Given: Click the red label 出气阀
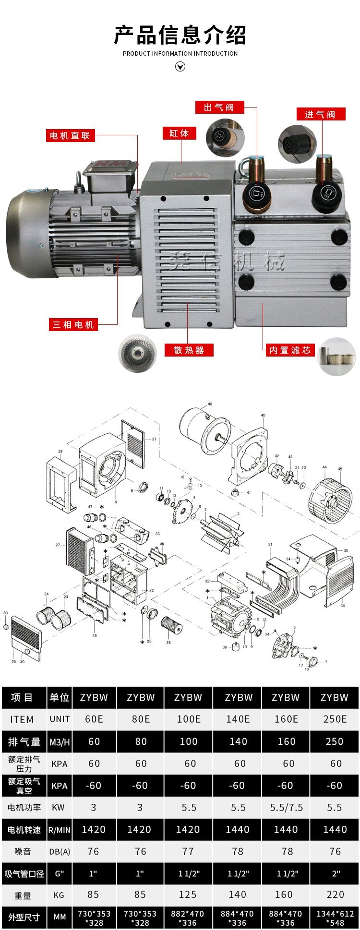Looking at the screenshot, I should (219, 107).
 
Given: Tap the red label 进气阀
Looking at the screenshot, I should (320, 114).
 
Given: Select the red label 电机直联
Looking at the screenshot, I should (71, 136).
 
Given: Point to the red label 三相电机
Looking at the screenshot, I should (73, 325).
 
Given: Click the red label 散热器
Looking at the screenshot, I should (189, 350).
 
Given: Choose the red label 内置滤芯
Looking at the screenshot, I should (290, 350).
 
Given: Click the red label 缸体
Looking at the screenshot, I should (180, 133).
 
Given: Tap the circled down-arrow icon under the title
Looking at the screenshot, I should (180, 67).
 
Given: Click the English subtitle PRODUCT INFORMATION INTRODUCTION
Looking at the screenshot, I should (180, 54).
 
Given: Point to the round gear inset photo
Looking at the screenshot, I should (138, 353).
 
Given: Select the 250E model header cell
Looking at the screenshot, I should (335, 719).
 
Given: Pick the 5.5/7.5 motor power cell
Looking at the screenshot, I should (286, 808).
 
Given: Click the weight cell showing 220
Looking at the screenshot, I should (335, 894).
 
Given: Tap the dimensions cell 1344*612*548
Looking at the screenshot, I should (335, 918).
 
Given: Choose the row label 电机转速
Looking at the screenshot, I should (24, 830).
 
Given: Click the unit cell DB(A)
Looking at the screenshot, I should (60, 852).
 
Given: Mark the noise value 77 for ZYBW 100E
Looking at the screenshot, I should (188, 851).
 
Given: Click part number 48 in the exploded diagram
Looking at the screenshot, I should (210, 405).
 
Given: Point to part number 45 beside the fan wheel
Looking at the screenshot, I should (340, 469).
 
